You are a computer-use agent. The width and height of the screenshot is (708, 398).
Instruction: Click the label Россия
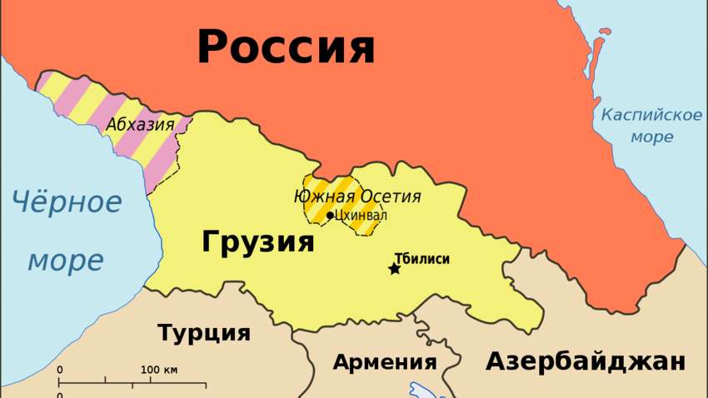[286, 47]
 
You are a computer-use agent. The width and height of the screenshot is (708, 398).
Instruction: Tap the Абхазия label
[140, 125]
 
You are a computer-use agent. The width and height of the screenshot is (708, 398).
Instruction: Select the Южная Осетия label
[357, 197]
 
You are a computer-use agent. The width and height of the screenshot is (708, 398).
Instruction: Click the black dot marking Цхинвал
[330, 216]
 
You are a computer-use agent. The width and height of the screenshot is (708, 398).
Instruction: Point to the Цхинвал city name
[360, 216]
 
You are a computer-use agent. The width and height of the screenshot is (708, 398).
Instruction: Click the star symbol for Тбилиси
[394, 269]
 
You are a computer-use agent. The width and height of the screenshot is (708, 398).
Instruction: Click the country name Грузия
[258, 242]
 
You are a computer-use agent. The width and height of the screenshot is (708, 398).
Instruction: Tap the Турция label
[204, 333]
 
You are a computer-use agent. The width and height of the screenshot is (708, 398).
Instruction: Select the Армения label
[384, 362]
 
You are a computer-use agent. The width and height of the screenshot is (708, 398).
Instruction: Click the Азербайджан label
[586, 361]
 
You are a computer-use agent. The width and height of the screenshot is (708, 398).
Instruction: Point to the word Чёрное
[67, 201]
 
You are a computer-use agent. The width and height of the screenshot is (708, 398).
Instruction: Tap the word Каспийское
[651, 115]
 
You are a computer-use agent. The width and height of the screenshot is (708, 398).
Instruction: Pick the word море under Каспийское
[651, 137]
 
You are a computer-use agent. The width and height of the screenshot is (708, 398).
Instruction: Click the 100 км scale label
[158, 370]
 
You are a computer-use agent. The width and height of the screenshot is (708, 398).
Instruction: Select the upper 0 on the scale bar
[60, 370]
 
